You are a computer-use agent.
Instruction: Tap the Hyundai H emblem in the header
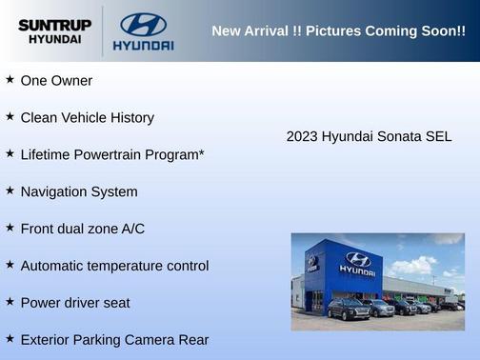(143, 24)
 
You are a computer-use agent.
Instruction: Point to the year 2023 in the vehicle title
(302, 136)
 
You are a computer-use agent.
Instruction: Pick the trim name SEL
(438, 136)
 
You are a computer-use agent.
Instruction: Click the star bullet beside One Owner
(10, 80)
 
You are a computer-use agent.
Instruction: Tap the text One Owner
(56, 81)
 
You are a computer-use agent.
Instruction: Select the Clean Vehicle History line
(87, 118)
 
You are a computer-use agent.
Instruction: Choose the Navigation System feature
(79, 191)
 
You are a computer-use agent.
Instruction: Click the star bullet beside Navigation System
(10, 190)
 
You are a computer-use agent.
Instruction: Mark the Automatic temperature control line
(114, 266)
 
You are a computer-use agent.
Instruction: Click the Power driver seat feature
(75, 303)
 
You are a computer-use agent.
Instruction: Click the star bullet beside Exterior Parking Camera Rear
(10, 338)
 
